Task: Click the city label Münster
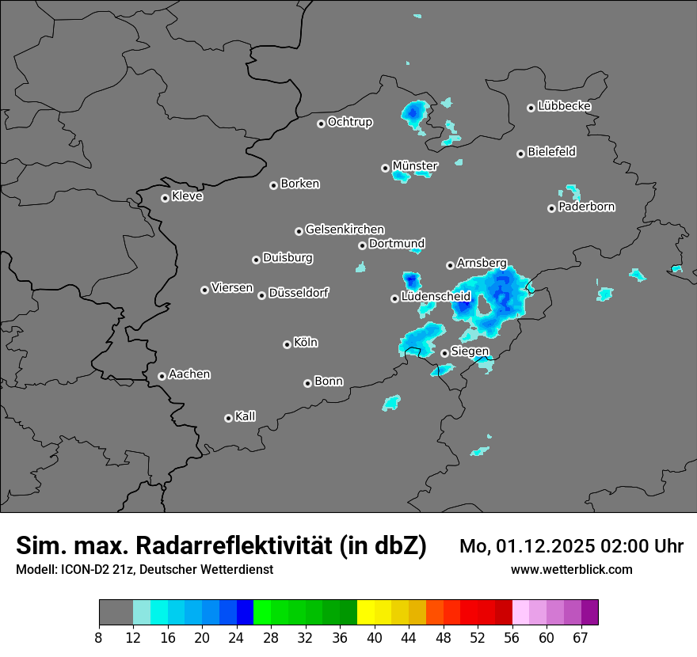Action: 414,165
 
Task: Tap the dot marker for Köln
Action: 287,344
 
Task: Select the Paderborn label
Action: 586,207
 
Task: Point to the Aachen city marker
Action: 162,376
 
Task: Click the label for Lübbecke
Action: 564,106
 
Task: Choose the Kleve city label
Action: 187,196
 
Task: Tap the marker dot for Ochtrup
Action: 321,123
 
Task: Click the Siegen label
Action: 469,351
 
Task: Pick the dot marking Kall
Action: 228,418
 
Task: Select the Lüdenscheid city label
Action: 436,297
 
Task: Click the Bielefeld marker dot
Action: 520,154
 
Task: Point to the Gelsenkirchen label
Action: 345,230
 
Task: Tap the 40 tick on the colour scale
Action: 375,637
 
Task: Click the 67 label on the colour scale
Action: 581,637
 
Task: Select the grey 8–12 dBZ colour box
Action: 116,613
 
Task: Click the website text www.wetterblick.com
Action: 571,569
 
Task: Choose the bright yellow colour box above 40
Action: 366,613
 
